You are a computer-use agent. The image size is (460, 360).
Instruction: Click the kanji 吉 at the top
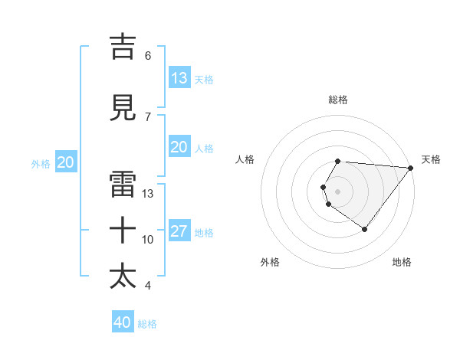pos(123,47)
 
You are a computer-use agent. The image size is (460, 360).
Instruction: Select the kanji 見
pos(123,108)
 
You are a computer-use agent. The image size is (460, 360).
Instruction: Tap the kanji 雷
pos(123,185)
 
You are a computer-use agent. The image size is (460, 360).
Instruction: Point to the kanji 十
pos(123,230)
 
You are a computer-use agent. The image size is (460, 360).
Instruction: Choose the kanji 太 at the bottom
pos(123,276)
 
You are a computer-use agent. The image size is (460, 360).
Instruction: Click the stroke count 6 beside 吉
pos(148,55)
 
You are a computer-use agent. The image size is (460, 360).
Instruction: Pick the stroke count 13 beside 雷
pos(148,193)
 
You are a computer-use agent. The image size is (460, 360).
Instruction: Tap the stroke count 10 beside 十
pos(148,239)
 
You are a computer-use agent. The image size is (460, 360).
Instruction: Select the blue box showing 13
pos(179,77)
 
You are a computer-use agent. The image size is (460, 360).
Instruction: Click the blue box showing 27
pos(179,231)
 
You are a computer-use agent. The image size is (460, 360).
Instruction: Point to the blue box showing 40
pos(123,322)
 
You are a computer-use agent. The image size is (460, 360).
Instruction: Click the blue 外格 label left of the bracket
pos(41,163)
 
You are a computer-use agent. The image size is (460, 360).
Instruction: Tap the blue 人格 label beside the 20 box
pos(204,148)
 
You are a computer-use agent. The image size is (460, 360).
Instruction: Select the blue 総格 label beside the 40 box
pos(147,324)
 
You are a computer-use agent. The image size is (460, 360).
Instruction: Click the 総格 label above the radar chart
pos(338,100)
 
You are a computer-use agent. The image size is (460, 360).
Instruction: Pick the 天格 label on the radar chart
pos(432,159)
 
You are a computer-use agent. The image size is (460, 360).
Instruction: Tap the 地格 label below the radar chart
pos(402,262)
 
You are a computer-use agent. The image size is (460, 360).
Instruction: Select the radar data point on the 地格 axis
pos(365,229)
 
